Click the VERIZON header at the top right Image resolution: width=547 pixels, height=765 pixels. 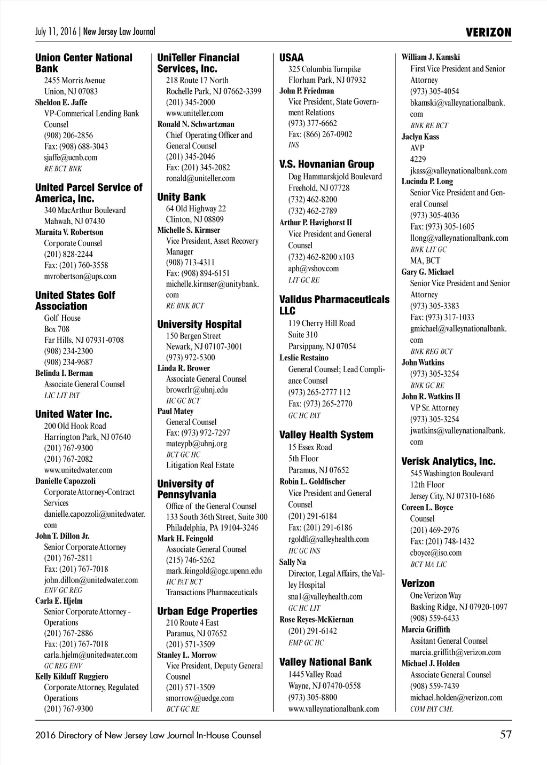point(488,32)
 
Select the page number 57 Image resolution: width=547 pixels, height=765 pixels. point(505,735)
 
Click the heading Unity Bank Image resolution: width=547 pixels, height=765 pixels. point(181,197)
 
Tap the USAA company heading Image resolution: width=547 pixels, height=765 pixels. point(291,58)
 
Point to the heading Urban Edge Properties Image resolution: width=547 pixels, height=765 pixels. point(207,611)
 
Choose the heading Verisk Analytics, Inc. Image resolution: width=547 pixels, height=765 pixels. point(448,461)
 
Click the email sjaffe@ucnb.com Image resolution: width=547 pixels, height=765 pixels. point(71,157)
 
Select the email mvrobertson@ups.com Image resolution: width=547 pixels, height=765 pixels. point(80,276)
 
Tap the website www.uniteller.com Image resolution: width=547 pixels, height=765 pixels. point(194,113)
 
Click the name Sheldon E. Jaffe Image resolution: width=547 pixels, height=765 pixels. point(61,102)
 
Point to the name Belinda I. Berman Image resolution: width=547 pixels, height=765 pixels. point(64,373)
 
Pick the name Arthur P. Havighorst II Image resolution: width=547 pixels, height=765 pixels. point(315,223)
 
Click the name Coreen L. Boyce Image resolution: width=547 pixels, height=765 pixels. point(427,507)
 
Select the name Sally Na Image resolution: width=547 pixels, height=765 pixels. point(292,562)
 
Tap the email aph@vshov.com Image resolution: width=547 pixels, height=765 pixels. point(313,269)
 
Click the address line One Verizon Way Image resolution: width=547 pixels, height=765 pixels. point(435,595)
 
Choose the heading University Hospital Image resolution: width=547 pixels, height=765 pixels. point(199,325)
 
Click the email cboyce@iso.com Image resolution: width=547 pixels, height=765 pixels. point(435,553)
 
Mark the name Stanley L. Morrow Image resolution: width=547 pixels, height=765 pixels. point(186,655)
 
